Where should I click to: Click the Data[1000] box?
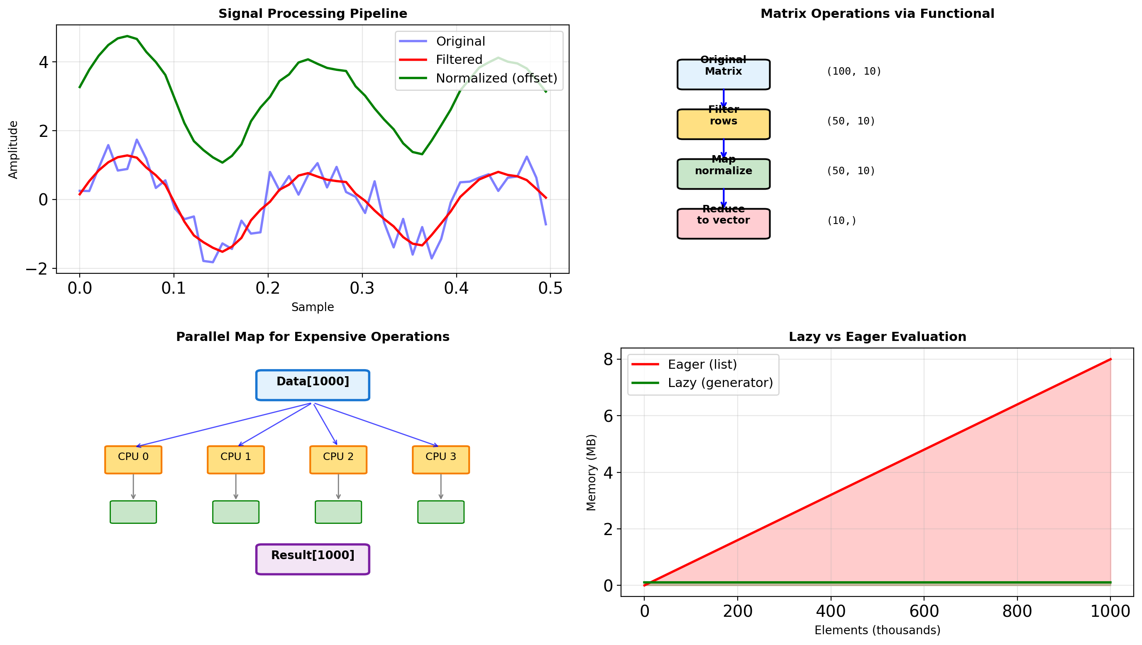(313, 385)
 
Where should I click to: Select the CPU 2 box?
(338, 460)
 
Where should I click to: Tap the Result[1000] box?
(313, 559)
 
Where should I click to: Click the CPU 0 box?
(133, 460)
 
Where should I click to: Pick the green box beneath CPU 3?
(441, 512)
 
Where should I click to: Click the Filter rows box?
(723, 124)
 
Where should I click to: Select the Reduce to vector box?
(723, 224)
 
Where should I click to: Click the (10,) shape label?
(841, 221)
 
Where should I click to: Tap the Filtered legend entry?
(458, 60)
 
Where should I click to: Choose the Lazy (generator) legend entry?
(720, 383)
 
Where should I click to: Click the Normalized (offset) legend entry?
(496, 78)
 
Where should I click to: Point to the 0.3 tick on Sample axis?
(362, 288)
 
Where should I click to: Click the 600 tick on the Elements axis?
(924, 611)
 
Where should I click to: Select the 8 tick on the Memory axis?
(608, 359)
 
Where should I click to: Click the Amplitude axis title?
(13, 150)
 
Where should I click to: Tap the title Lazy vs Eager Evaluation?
(877, 337)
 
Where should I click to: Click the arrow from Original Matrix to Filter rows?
(724, 99)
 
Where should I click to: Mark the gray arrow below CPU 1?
(236, 487)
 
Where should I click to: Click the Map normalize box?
(723, 174)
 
